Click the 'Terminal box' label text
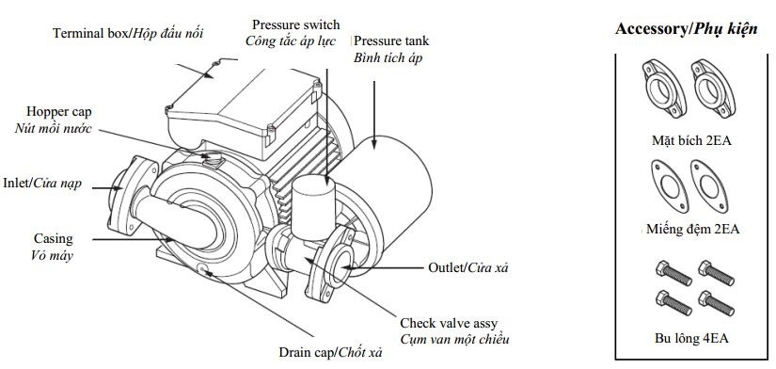click(92, 33)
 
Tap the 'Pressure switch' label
click(296, 24)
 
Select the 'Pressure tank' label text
click(391, 40)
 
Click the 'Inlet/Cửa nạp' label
click(42, 184)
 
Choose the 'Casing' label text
click(53, 239)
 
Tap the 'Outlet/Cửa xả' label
click(468, 268)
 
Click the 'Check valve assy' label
click(449, 324)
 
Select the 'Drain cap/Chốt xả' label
click(330, 353)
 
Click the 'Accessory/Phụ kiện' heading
click(686, 29)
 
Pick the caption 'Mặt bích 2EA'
click(691, 140)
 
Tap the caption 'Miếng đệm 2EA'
click(693, 230)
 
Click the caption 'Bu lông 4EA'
click(691, 339)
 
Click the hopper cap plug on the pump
click(214, 157)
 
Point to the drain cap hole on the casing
click(202, 269)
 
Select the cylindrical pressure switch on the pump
click(313, 206)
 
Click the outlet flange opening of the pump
click(340, 265)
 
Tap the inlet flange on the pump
click(126, 195)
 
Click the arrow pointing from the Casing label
click(133, 240)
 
